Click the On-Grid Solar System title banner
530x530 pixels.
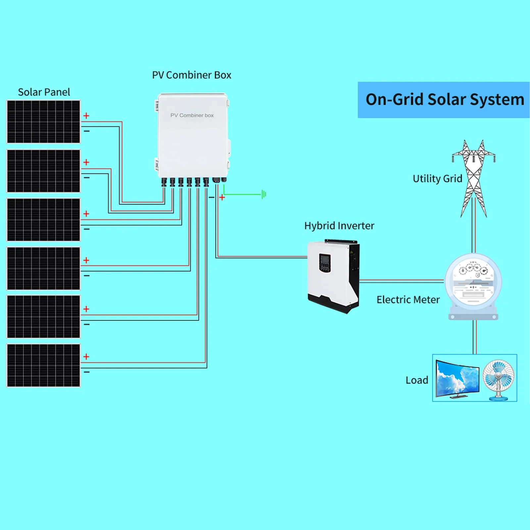pyautogui.click(x=444, y=100)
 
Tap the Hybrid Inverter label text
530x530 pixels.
pyautogui.click(x=339, y=226)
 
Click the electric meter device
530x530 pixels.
pyautogui.click(x=473, y=285)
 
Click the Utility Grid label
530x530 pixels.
pyautogui.click(x=437, y=179)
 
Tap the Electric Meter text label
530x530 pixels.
pyautogui.click(x=408, y=300)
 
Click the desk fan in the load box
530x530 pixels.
pyautogui.click(x=499, y=379)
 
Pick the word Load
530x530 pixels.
pyautogui.click(x=417, y=380)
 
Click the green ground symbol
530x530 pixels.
pyautogui.click(x=264, y=194)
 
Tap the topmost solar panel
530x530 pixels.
pyautogui.click(x=43, y=121)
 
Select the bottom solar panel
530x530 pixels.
pyautogui.click(x=43, y=365)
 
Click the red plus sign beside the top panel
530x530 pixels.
pyautogui.click(x=86, y=116)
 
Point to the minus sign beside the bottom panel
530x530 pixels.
pyautogui.click(x=87, y=372)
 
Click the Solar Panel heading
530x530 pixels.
pyautogui.click(x=44, y=92)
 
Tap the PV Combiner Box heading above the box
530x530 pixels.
pyautogui.click(x=191, y=75)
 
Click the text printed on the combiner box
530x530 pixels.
pyautogui.click(x=192, y=115)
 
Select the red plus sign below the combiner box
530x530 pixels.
pyautogui.click(x=222, y=197)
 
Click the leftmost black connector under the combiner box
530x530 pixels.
pyautogui.click(x=164, y=182)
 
